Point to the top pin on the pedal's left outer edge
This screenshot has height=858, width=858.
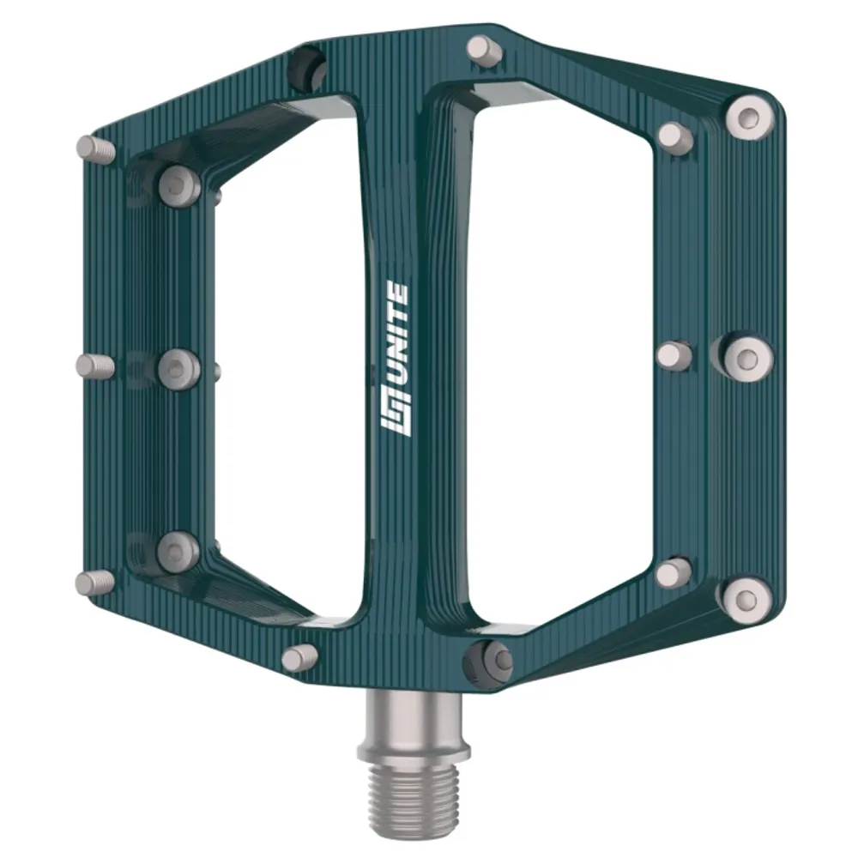click(x=95, y=149)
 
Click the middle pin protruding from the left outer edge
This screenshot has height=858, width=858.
click(x=94, y=366)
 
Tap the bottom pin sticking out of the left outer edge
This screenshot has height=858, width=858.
click(x=94, y=583)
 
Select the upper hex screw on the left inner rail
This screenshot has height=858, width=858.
click(x=179, y=184)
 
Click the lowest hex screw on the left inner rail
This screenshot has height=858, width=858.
click(x=178, y=551)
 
